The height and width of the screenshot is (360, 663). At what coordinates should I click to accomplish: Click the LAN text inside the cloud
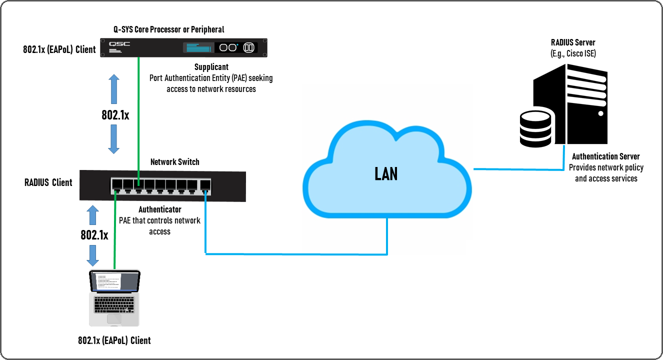coord(386,173)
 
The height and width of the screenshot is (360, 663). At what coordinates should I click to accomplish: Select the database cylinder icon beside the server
coord(535,129)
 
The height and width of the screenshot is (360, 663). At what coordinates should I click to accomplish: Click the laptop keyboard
coord(114,304)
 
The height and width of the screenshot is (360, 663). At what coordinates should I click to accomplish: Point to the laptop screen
coord(114,281)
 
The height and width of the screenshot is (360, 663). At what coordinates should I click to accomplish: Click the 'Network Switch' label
coord(175,162)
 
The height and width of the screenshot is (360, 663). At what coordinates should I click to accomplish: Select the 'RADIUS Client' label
coord(48,182)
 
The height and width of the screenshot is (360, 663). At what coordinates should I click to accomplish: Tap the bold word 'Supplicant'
coord(211,66)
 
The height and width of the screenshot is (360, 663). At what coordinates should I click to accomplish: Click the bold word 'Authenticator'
coord(160,209)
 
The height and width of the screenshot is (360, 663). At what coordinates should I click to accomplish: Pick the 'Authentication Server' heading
coord(606,156)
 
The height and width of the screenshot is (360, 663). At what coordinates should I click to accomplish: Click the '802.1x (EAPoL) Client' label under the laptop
coord(114,340)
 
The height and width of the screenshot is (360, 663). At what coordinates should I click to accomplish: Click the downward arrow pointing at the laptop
coord(92,255)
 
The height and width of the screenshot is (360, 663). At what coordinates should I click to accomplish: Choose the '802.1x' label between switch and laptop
coord(94,234)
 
